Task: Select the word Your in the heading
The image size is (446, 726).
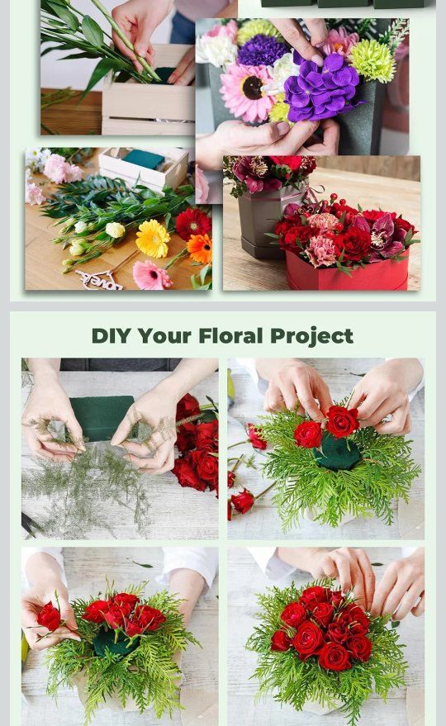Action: [164, 335]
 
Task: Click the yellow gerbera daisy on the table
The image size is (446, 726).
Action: [153, 239]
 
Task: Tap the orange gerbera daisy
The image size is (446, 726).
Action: [200, 248]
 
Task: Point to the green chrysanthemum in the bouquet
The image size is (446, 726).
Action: [372, 60]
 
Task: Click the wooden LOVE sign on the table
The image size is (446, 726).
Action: [98, 279]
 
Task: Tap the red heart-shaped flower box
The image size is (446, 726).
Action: [348, 273]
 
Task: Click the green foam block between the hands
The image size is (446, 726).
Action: [102, 417]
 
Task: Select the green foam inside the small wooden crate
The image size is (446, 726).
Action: [143, 159]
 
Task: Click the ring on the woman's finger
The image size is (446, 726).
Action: [387, 419]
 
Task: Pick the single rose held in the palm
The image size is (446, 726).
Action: [49, 617]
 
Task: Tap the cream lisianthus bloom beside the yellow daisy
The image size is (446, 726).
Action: [115, 230]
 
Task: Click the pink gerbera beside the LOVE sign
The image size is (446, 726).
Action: [151, 276]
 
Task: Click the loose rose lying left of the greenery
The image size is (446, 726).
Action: [242, 501]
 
